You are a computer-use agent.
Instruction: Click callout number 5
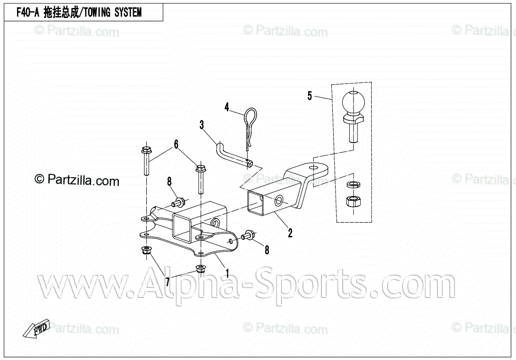pos(310,96)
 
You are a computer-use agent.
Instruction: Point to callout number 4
pos(227,107)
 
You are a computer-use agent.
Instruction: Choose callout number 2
pos(290,233)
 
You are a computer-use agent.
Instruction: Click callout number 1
pos(227,273)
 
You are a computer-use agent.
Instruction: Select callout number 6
pos(176,144)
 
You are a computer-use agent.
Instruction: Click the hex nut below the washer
pos(352,201)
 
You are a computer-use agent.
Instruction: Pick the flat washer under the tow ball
pos(353,184)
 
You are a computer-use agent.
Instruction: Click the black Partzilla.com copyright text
pos(77,180)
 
